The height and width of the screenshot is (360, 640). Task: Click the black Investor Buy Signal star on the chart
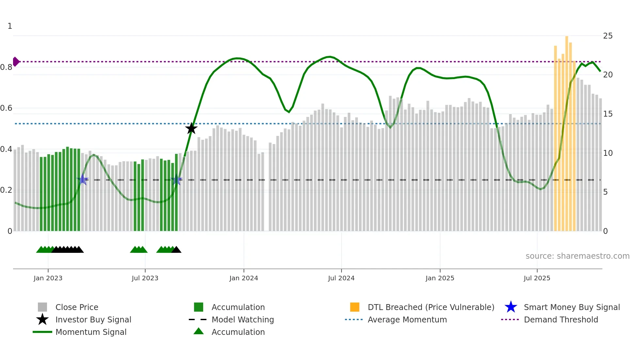pyautogui.click(x=191, y=128)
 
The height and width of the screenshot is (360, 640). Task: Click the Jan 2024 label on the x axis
pyautogui.click(x=244, y=278)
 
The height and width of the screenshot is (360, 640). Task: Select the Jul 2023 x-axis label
pyautogui.click(x=145, y=278)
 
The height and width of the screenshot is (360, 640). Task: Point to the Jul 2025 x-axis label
pyautogui.click(x=537, y=278)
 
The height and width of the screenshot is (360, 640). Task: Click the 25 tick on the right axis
pyautogui.click(x=608, y=36)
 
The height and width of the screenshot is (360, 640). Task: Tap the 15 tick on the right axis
pyautogui.click(x=608, y=114)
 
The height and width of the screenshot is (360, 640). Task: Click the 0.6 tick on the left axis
pyautogui.click(x=7, y=108)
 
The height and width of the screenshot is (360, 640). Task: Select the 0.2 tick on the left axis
pyautogui.click(x=7, y=190)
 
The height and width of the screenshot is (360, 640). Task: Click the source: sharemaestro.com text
pyautogui.click(x=577, y=256)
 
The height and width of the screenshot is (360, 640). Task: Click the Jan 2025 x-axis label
pyautogui.click(x=440, y=278)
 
